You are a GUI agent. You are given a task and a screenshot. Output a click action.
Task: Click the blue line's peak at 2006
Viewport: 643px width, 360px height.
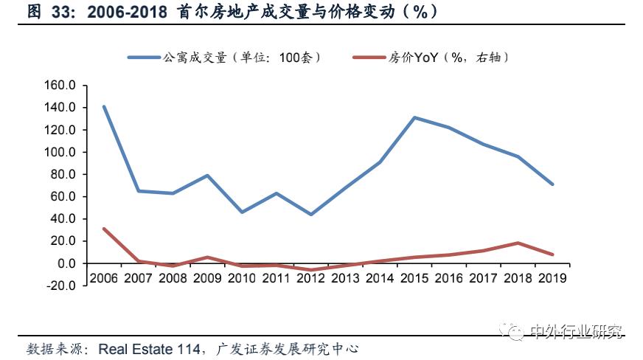pyautogui.click(x=104, y=106)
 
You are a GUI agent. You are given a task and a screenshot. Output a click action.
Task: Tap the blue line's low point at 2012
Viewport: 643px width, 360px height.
pyautogui.click(x=311, y=215)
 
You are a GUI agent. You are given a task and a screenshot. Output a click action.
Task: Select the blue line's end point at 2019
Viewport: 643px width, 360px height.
pyautogui.click(x=553, y=184)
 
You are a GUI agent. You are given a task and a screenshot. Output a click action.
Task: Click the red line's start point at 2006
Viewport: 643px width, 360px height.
pyautogui.click(x=104, y=229)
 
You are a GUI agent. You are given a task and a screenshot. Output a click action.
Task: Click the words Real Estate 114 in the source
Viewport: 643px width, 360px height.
pyautogui.click(x=147, y=348)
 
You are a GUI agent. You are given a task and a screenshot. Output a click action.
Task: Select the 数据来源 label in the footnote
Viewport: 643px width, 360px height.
pyautogui.click(x=55, y=348)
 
